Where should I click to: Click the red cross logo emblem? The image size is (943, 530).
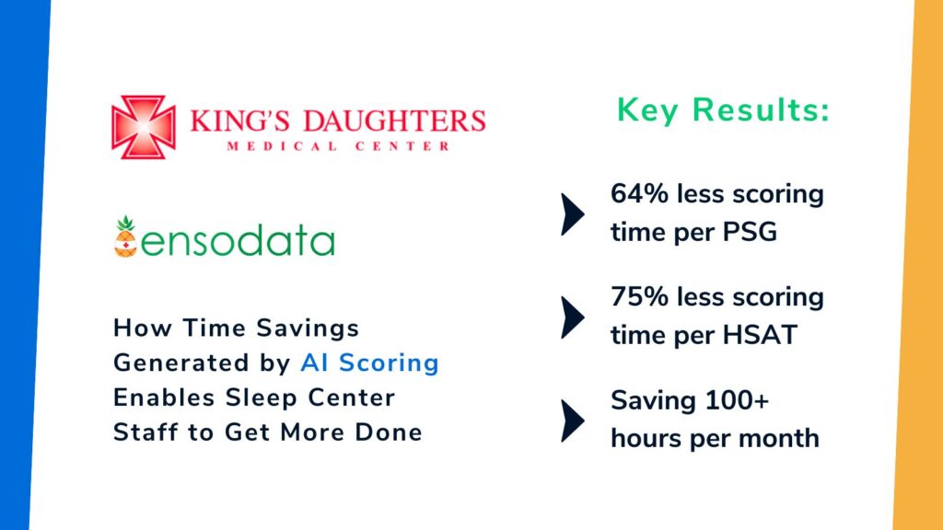click(144, 127)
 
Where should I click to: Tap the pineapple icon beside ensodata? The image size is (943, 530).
click(125, 236)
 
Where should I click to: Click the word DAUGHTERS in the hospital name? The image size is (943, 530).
click(394, 121)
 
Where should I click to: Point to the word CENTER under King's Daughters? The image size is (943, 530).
click(402, 146)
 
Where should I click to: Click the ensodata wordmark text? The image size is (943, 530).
click(237, 240)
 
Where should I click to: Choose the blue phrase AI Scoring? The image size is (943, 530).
click(370, 363)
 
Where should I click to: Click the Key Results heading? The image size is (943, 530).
click(723, 110)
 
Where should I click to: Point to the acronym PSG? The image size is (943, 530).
click(750, 232)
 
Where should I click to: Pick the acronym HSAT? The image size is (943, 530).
click(760, 335)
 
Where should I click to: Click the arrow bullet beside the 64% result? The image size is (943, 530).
click(572, 213)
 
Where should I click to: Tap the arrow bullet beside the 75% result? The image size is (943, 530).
click(572, 317)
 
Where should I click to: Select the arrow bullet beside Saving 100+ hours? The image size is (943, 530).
click(572, 421)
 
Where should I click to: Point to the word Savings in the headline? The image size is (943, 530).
click(308, 328)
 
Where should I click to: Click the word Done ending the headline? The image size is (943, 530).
click(389, 432)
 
